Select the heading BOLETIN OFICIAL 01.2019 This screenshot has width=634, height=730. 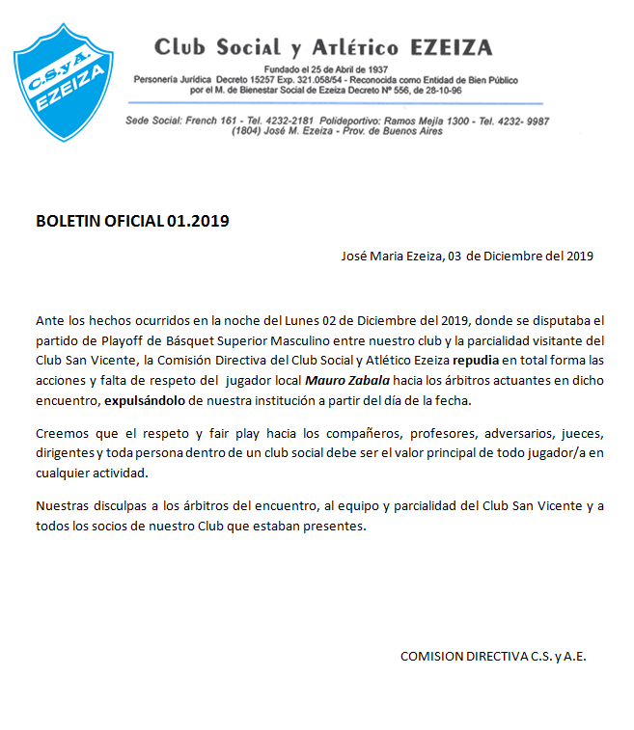pyautogui.click(x=132, y=221)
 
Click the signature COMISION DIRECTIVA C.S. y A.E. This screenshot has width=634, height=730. pyautogui.click(x=493, y=656)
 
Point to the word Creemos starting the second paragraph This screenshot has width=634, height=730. pyautogui.click(x=63, y=433)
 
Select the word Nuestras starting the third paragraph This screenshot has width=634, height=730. pyautogui.click(x=64, y=506)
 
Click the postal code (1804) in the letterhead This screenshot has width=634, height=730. pyautogui.click(x=249, y=130)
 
